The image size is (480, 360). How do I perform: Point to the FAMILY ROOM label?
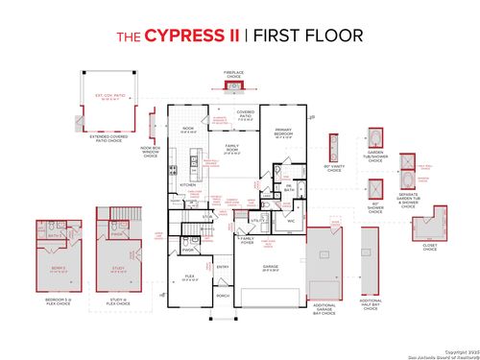pos(231,150)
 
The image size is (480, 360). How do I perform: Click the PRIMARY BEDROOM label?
pos(283,134)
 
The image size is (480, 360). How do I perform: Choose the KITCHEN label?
pos(188,185)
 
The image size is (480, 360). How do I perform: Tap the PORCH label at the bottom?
pos(223,297)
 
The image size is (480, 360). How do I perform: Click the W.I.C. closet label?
pos(290,220)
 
